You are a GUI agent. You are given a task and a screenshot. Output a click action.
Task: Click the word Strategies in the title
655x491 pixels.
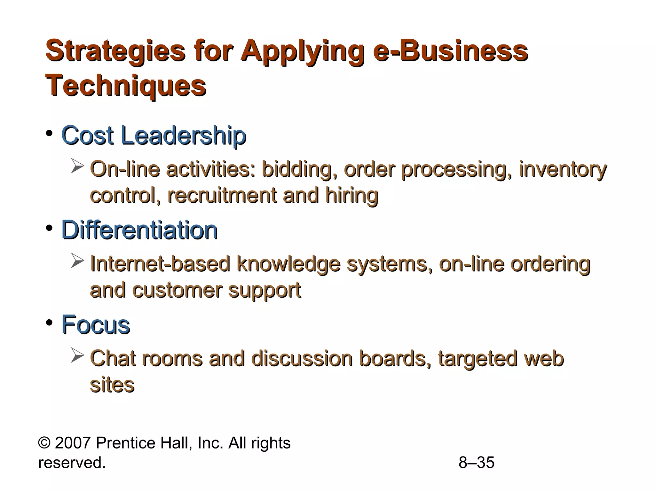pyautogui.click(x=115, y=51)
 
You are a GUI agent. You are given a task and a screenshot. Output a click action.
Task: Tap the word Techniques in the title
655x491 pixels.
pyautogui.click(x=126, y=86)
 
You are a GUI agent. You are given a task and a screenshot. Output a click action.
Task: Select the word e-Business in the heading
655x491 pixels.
pyautogui.click(x=450, y=51)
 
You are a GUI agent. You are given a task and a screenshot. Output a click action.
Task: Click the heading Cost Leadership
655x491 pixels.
pyautogui.click(x=154, y=136)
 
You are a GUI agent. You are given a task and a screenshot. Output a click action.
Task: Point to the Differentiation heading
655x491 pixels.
pyautogui.click(x=139, y=230)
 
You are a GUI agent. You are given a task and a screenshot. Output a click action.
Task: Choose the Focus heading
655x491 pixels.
pyautogui.click(x=96, y=325)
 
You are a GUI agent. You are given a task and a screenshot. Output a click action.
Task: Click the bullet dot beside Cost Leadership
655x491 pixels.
pyautogui.click(x=49, y=133)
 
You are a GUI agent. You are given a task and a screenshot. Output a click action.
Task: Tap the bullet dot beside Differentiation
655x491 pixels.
pyautogui.click(x=49, y=228)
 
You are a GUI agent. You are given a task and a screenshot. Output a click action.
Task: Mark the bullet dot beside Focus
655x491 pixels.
pyautogui.click(x=49, y=323)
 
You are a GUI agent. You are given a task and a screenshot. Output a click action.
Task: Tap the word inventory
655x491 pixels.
pyautogui.click(x=562, y=169)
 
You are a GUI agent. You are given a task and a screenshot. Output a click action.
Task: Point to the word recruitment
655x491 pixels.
pyautogui.click(x=222, y=195)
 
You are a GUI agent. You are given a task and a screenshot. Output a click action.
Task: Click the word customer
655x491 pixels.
pyautogui.click(x=177, y=290)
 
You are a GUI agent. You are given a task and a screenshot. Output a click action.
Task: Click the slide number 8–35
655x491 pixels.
pyautogui.click(x=476, y=463)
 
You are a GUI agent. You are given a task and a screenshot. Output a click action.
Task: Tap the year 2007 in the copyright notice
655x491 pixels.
pyautogui.click(x=73, y=443)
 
